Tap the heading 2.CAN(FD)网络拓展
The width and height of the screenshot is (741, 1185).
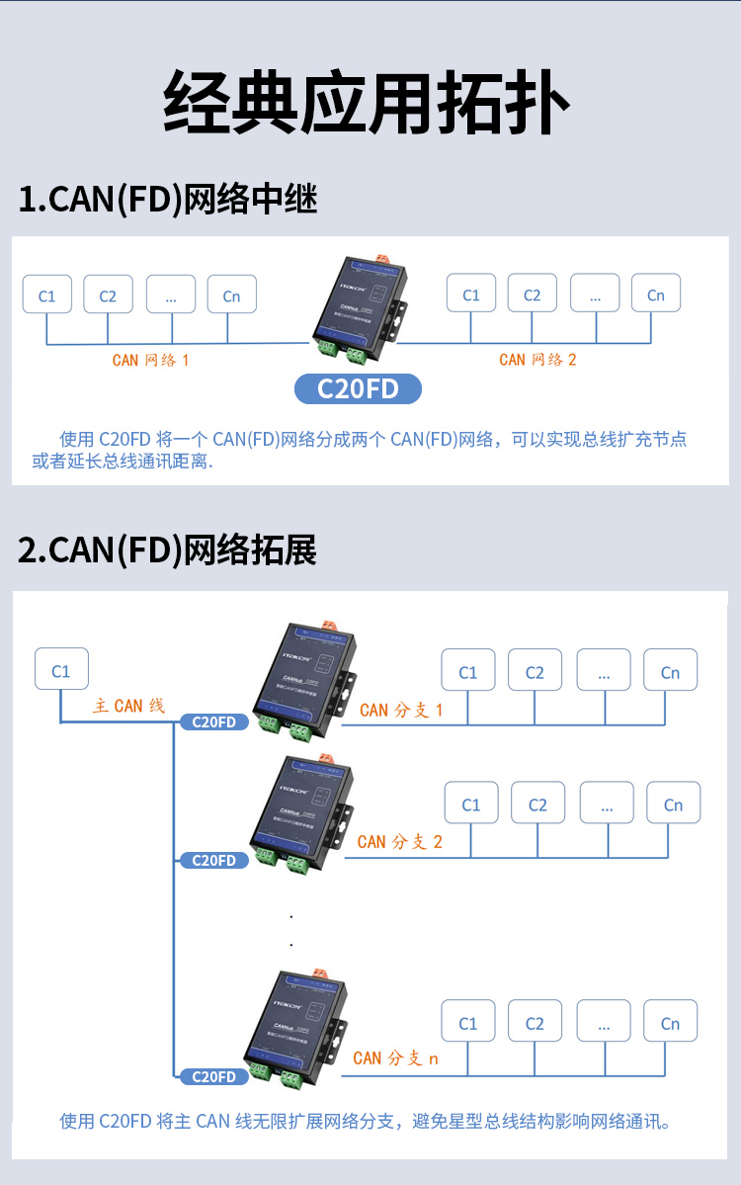(x=168, y=550)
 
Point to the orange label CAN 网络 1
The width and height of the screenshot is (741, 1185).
(x=150, y=360)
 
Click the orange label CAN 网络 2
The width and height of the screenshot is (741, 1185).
(x=537, y=360)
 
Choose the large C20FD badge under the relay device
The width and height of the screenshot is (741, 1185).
(x=358, y=388)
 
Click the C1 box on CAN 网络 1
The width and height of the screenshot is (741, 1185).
(x=47, y=295)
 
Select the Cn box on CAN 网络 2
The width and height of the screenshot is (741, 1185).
(x=655, y=295)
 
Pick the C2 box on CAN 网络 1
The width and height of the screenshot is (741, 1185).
(x=108, y=295)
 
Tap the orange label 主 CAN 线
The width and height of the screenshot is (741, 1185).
(x=129, y=706)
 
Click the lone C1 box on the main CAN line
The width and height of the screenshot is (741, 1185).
(x=61, y=670)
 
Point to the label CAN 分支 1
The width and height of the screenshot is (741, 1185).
(x=401, y=710)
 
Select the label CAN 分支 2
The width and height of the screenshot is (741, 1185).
(x=400, y=842)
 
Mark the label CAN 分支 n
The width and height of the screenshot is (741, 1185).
(x=396, y=1058)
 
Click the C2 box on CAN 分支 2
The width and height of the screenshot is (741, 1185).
(x=537, y=804)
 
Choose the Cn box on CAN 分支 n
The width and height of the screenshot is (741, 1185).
(x=670, y=1023)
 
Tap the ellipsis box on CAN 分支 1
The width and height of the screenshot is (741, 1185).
(x=604, y=672)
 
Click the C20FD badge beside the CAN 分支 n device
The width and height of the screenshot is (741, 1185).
(x=213, y=1076)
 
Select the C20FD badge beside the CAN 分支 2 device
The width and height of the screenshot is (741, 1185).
(x=213, y=860)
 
